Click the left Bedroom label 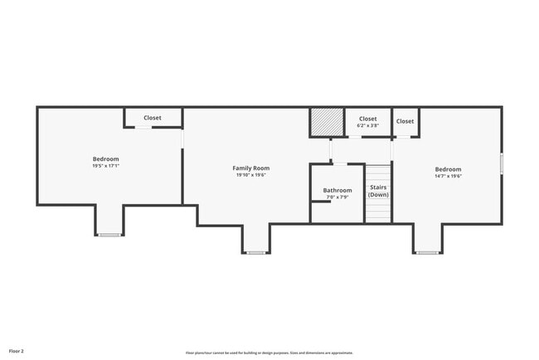point(105,159)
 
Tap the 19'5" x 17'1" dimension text point(105,166)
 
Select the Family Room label point(250,168)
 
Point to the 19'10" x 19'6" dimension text point(250,175)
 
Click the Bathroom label point(337,190)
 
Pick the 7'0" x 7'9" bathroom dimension point(337,197)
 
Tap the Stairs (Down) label point(378,191)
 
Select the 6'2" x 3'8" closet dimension point(367,125)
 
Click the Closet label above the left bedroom point(153,118)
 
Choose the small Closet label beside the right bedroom point(405,121)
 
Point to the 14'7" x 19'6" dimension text point(448,176)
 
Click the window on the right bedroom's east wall point(501,163)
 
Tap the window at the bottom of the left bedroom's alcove point(109,235)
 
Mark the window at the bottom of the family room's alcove point(256,252)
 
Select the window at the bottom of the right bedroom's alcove point(427,252)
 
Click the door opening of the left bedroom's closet point(144,128)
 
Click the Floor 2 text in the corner point(17,352)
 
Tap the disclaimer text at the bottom point(269,353)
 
